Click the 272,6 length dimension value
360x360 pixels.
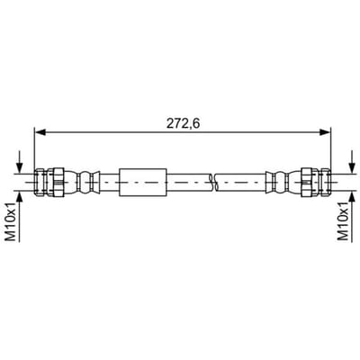pyautogui.click(x=183, y=123)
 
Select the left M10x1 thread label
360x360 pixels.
pyautogui.click(x=12, y=221)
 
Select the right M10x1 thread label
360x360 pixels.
pyautogui.click(x=343, y=221)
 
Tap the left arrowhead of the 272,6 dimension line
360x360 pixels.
pyautogui.click(x=40, y=131)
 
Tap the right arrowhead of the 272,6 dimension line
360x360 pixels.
pyautogui.click(x=325, y=131)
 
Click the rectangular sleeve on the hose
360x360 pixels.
pyautogui.click(x=143, y=183)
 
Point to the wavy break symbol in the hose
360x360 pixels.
pyautogui.click(x=214, y=182)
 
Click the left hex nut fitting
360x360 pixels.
pyautogui.click(x=56, y=182)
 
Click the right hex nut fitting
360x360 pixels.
pyautogui.click(x=310, y=182)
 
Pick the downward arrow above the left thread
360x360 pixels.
pyautogui.click(x=19, y=162)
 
